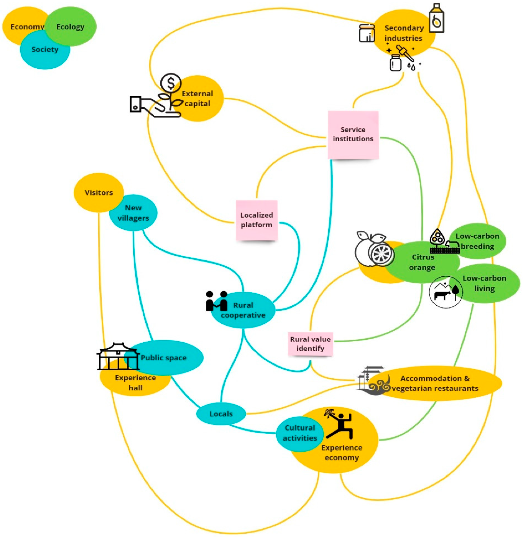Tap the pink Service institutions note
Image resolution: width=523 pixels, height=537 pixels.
(353, 135)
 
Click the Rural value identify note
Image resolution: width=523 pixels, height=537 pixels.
(310, 344)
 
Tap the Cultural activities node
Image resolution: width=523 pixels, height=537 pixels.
(300, 433)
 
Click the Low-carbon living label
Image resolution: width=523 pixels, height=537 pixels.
(484, 283)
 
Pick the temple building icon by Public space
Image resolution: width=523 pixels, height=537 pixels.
(118, 356)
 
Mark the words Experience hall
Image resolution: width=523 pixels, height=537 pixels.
(135, 383)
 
